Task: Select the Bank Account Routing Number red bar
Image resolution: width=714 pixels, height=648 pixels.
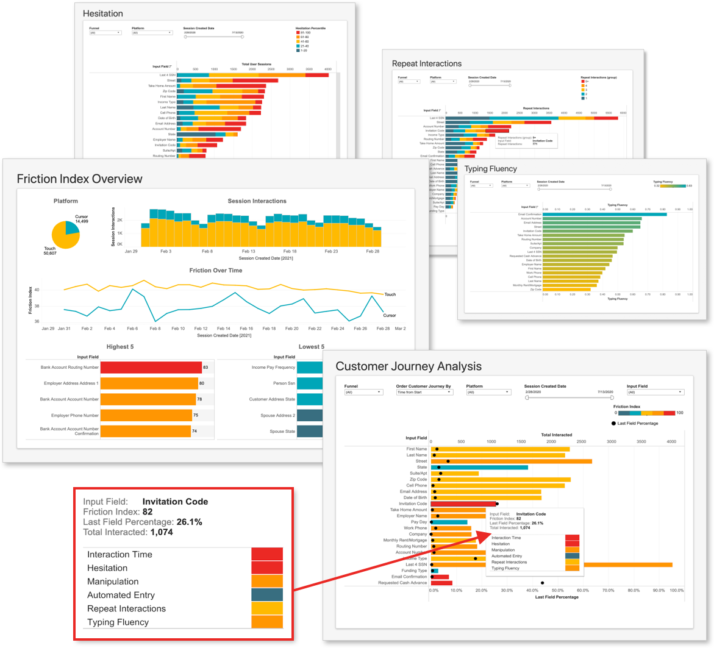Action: click(x=151, y=368)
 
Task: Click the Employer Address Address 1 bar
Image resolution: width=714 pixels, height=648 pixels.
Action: click(x=149, y=383)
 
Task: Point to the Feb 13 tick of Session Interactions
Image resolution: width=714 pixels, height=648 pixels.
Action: click(x=248, y=251)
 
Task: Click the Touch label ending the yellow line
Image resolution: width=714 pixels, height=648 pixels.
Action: click(x=390, y=294)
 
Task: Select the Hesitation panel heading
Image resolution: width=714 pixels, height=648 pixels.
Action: click(x=102, y=13)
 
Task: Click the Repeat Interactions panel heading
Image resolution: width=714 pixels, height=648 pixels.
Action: click(x=427, y=63)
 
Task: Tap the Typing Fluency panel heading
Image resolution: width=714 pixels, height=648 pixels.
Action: click(x=490, y=169)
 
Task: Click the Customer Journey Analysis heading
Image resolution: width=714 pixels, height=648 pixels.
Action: click(x=409, y=366)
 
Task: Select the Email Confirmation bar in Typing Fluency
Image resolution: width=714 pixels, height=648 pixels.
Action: click(x=604, y=214)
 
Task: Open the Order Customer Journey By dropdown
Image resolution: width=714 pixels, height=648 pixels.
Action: click(x=424, y=393)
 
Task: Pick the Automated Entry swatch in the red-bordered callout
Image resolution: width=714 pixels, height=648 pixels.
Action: click(x=267, y=595)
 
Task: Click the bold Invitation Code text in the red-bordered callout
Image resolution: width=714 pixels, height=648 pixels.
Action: click(x=175, y=502)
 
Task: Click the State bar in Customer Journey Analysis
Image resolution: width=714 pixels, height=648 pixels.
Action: click(x=479, y=468)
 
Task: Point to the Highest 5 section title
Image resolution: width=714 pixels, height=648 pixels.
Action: click(x=120, y=347)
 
